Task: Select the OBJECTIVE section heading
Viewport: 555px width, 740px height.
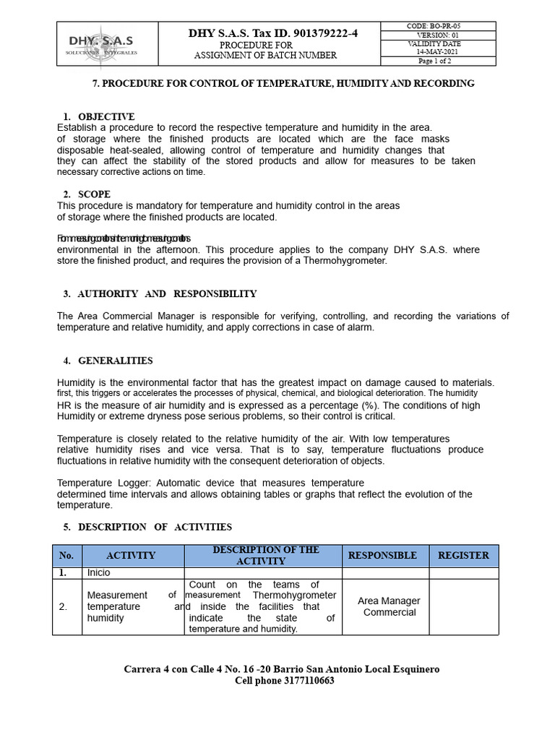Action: [106, 116]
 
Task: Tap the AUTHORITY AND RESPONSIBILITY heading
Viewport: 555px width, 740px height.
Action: [167, 294]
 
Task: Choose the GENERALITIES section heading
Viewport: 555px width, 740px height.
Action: [115, 361]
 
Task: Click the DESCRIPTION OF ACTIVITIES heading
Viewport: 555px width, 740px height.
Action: [155, 527]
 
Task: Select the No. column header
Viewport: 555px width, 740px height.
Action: [66, 556]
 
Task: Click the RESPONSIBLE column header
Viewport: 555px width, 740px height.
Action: [382, 556]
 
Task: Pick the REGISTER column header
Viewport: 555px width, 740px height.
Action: [463, 556]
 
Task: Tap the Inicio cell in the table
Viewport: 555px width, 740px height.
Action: [100, 572]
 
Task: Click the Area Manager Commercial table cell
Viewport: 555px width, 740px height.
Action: [389, 606]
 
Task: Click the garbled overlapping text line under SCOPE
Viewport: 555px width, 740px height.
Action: [124, 238]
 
